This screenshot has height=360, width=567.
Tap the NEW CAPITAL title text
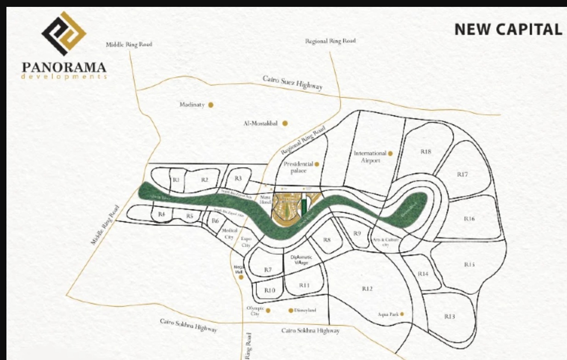tap(508, 29)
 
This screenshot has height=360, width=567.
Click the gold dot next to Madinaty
tap(211, 105)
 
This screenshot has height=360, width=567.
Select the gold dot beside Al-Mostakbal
tap(285, 123)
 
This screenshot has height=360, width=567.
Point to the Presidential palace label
tap(298, 167)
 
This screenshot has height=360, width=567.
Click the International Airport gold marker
tap(390, 153)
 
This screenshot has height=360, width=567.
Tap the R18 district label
tap(426, 152)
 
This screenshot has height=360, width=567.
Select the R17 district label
tap(462, 174)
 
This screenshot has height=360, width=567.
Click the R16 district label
tap(469, 219)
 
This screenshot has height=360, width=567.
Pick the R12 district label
tap(367, 289)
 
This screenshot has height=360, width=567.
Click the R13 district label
tap(449, 316)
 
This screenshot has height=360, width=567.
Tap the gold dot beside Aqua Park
tap(402, 314)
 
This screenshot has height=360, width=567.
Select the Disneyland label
tap(305, 310)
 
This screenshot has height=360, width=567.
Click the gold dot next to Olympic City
tap(268, 310)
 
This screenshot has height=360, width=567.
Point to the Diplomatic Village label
tap(302, 260)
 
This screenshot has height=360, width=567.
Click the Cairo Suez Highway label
tap(293, 84)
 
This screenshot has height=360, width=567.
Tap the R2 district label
tap(205, 180)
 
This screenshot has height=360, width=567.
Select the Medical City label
tap(229, 233)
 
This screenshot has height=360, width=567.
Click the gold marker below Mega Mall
tap(240, 277)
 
